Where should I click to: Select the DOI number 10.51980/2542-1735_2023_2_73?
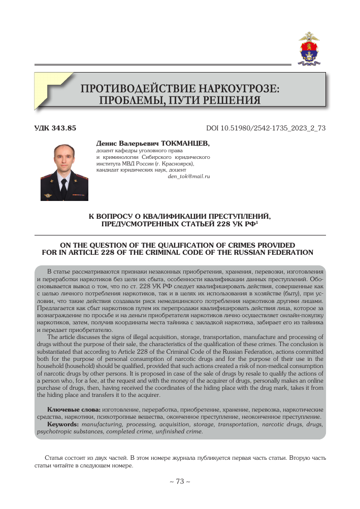click(x=275, y=128)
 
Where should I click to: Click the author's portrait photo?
click(x=64, y=172)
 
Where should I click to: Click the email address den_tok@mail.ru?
click(x=188, y=176)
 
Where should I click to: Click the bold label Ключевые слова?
click(x=74, y=409)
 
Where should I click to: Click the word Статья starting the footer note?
click(x=55, y=457)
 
